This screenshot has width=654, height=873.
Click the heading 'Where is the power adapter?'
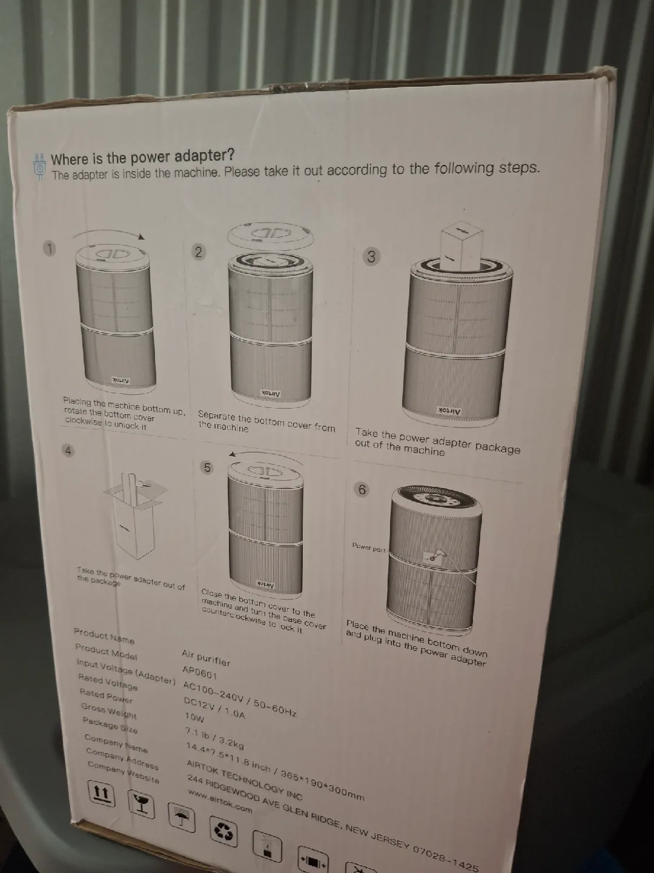142,158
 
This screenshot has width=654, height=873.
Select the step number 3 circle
371,256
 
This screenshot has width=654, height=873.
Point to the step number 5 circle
207,467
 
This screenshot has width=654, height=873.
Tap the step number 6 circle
362,489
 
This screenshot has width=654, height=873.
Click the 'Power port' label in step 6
369,548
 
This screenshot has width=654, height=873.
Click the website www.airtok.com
220,801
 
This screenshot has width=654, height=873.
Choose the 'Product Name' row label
104,636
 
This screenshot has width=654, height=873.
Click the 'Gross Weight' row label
109,711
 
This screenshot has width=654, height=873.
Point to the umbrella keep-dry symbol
180,818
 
